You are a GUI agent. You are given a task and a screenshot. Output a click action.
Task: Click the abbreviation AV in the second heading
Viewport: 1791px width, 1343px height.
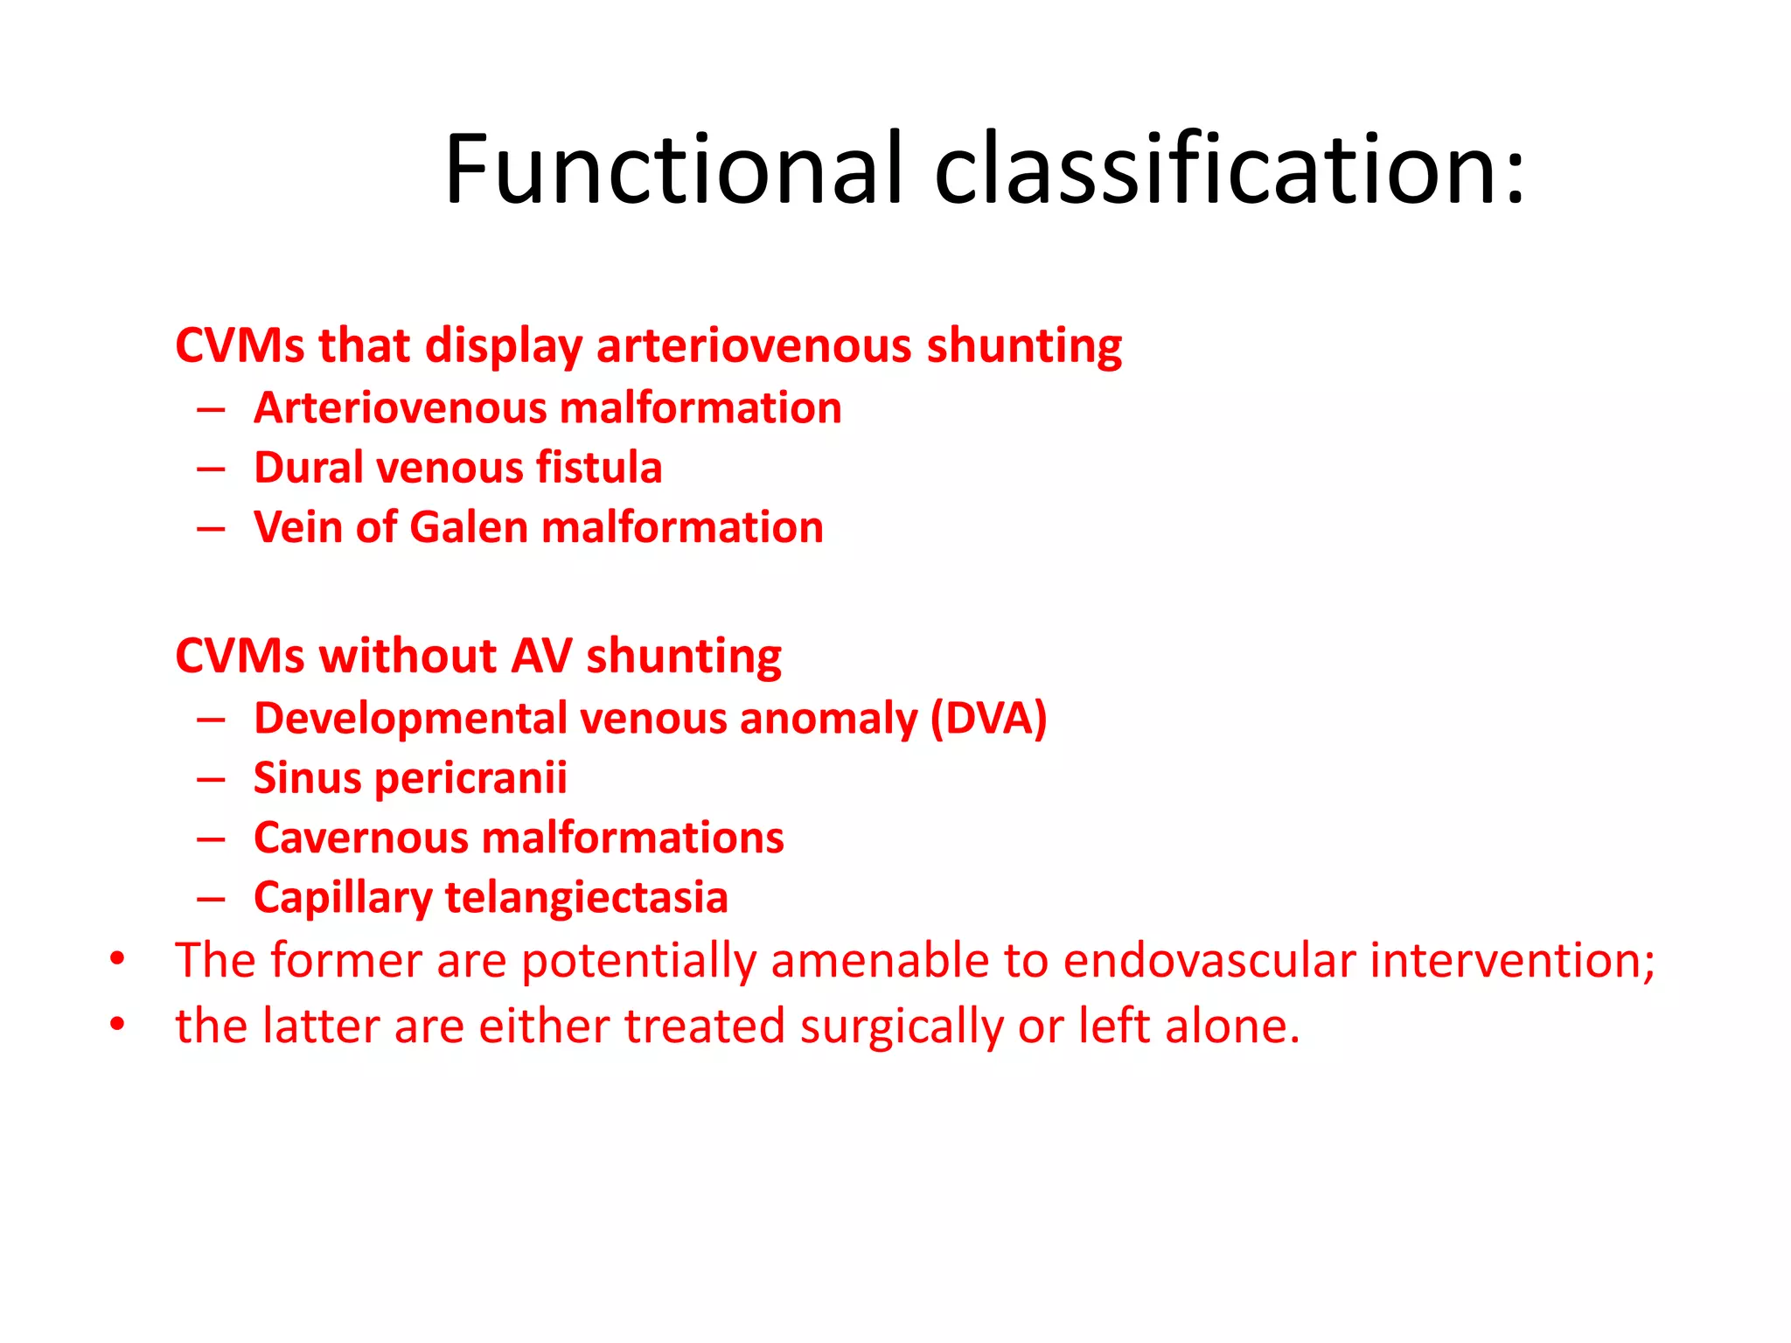pos(541,656)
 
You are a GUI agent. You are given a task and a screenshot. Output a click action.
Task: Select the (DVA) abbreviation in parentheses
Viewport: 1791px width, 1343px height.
pos(988,719)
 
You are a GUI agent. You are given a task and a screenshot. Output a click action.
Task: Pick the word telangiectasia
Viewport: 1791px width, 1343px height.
pos(586,898)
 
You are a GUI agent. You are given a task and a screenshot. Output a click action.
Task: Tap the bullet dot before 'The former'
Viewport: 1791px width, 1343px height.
pos(117,959)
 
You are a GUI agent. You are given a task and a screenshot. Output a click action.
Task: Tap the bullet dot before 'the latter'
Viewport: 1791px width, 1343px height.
pos(117,1024)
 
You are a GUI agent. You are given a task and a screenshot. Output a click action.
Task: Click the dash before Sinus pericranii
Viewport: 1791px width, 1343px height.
pos(211,778)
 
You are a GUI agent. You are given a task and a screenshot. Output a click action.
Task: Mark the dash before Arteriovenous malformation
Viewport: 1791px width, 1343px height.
pos(211,408)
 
